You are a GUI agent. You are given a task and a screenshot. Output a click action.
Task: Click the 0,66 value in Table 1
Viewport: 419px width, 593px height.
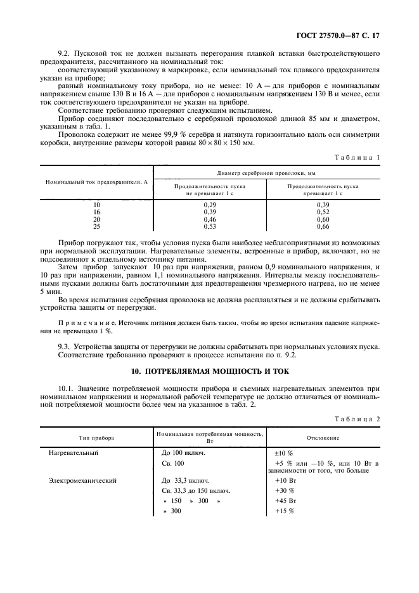point(323,226)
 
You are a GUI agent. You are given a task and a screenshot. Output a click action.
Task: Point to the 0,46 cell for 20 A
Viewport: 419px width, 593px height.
point(210,219)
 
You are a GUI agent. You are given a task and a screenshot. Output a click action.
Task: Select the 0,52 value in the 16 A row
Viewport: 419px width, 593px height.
point(323,212)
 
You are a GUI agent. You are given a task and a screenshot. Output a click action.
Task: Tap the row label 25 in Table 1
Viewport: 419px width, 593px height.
point(96,226)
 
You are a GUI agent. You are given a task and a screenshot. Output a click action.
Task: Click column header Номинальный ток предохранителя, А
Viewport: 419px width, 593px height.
point(96,182)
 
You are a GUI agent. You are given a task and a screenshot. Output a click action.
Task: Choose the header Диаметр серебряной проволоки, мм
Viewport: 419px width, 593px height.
point(266,172)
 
